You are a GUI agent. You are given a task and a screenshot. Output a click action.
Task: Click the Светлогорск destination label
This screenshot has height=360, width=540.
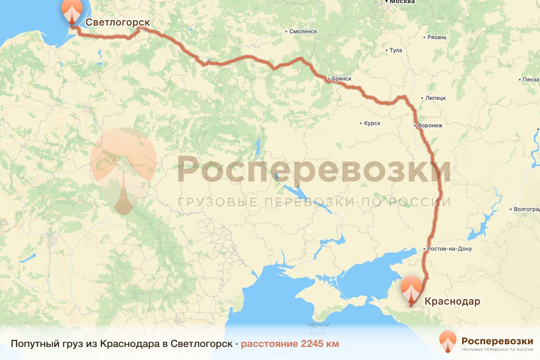117,22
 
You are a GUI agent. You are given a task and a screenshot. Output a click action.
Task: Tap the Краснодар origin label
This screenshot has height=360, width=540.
452,301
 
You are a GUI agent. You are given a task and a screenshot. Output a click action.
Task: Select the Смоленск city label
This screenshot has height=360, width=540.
303,31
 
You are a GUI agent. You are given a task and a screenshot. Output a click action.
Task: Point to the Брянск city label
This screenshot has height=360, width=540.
341,79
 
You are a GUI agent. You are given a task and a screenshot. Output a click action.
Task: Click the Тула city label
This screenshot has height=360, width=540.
396,50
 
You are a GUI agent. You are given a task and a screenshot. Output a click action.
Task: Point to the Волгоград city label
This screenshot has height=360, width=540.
527,209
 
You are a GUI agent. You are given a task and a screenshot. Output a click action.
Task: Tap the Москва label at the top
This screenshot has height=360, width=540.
402,2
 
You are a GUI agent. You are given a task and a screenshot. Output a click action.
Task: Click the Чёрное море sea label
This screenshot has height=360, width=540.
318,328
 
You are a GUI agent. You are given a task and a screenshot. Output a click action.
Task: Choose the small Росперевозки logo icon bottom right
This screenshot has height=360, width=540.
448,341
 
